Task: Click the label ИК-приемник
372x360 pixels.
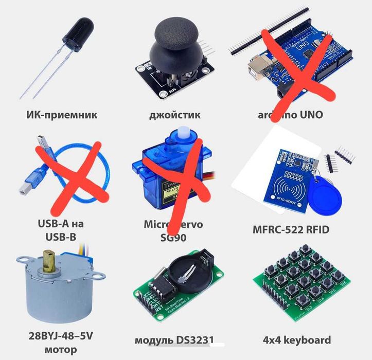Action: click(61, 114)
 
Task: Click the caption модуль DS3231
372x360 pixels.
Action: click(174, 340)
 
